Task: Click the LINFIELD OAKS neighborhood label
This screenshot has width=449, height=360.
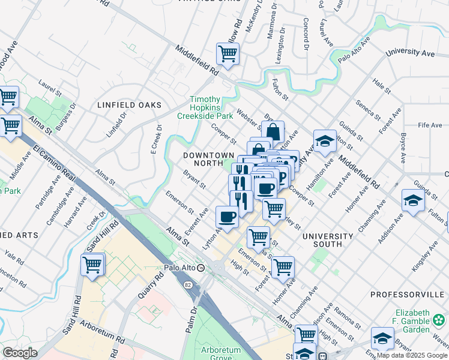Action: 129,105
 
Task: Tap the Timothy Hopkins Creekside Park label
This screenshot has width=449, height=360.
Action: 212,107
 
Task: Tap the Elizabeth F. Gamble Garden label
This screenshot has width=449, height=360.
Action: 420,322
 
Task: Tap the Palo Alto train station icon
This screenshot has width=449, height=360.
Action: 202,268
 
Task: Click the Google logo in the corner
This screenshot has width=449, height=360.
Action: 20,353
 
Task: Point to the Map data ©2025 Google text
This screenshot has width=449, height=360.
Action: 412,355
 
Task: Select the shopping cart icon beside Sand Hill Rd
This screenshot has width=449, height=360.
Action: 92,265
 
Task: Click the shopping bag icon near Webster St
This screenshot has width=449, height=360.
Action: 273,131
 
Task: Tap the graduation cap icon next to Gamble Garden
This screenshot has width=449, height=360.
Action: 382,338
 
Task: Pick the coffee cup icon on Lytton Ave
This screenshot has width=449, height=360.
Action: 227,217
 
